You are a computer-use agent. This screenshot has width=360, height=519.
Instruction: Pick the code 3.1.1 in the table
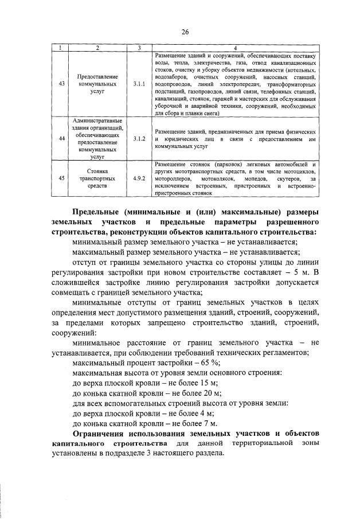tap(139, 84)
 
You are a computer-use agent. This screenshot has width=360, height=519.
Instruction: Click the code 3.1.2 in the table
tap(139, 139)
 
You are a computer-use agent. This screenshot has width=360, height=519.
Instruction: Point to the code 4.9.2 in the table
tap(139, 178)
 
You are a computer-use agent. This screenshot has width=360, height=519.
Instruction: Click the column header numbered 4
tap(235, 47)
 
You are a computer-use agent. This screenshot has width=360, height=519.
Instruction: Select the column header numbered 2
tap(97, 47)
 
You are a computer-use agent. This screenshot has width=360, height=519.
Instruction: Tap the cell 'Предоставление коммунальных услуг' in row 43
tap(97, 84)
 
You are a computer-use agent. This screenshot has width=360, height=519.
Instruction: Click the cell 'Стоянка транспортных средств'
tap(97, 178)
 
